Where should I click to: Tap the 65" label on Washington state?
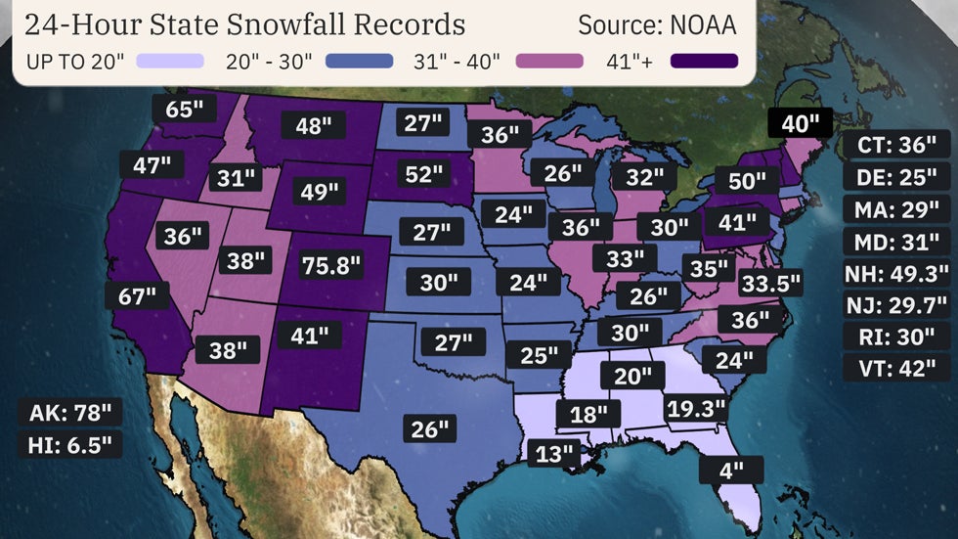[x=184, y=109]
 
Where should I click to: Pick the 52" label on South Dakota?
[x=423, y=174]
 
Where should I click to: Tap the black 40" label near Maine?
[x=800, y=123]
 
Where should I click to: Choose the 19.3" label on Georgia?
[x=696, y=407]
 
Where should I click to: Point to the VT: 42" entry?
[x=896, y=368]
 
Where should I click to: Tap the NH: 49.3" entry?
[x=896, y=273]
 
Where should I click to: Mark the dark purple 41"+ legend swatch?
[x=704, y=62]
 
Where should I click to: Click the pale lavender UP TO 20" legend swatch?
[x=170, y=62]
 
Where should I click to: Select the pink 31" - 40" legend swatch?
[x=548, y=62]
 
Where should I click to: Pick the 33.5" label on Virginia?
[x=770, y=284]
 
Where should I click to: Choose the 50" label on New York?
[x=747, y=180]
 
